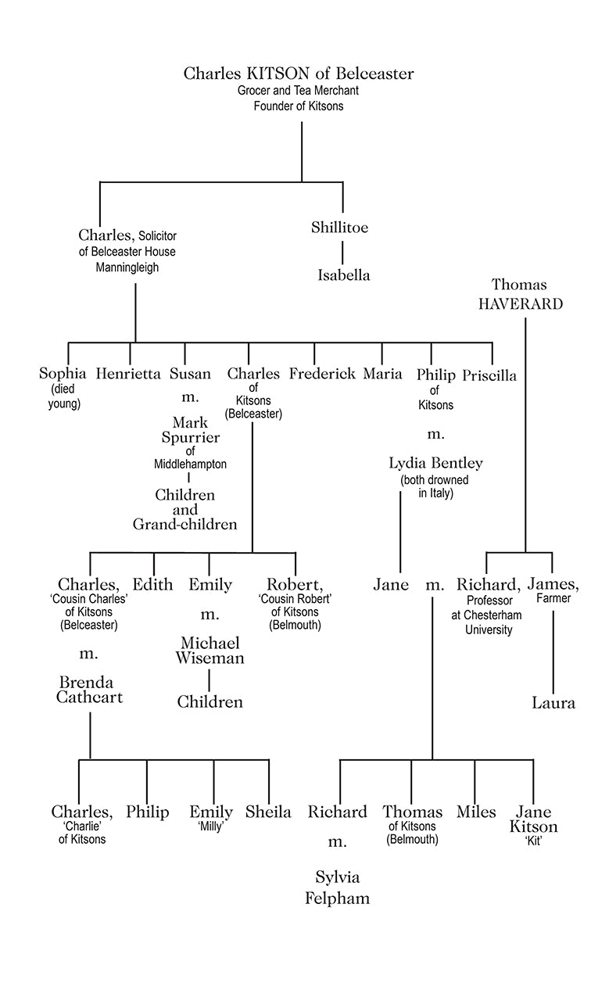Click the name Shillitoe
coord(339,228)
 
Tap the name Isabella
coord(343,275)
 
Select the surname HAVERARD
coord(520,304)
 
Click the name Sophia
coord(63,374)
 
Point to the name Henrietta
coord(128,374)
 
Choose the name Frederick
coord(322,374)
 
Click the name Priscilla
coord(489,375)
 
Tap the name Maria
coord(382,374)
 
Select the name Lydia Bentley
coord(435,463)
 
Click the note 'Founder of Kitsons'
coord(298,106)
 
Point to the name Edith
coord(152,585)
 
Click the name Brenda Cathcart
coord(89,690)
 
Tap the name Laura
coord(553,702)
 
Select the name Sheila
coord(268,812)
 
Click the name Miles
coord(476,812)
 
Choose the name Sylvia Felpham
coord(337,887)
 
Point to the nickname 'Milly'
coord(211,827)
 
